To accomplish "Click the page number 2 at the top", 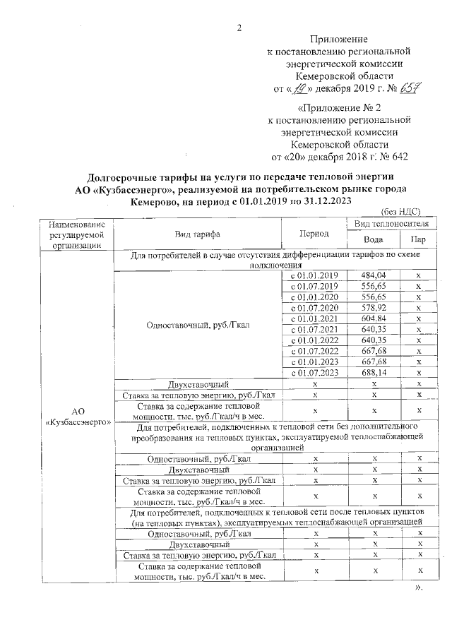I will tap(239, 28).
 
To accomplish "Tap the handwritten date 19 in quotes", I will tap(302, 90).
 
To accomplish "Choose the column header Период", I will tap(313, 233).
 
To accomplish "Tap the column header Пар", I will tap(418, 240).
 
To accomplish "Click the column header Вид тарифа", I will tap(198, 233).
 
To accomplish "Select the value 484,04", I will tap(371, 275).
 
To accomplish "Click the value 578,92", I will tap(371, 308).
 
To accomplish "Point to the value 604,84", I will tap(371, 318).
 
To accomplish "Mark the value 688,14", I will tap(371, 373).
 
